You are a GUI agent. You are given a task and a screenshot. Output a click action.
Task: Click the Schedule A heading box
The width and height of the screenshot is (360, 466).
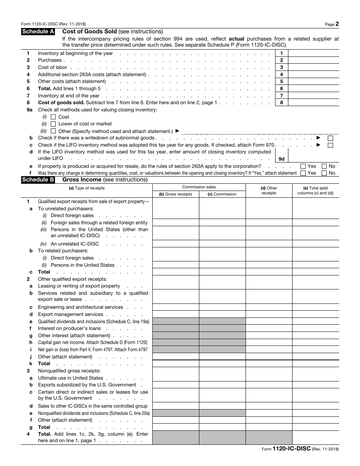pyautogui.click(x=38, y=32)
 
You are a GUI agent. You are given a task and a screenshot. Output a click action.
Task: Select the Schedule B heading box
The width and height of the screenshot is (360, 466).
pyautogui.click(x=38, y=180)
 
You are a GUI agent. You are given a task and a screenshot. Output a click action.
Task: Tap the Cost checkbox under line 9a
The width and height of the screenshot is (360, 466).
pyautogui.click(x=53, y=117)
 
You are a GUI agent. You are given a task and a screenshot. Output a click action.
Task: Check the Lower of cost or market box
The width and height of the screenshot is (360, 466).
pyautogui.click(x=53, y=124)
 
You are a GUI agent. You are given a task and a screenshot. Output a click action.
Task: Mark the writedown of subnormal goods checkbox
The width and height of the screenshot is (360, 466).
pyautogui.click(x=330, y=138)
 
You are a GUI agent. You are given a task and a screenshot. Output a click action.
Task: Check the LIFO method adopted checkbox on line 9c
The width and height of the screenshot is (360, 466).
pyautogui.click(x=330, y=145)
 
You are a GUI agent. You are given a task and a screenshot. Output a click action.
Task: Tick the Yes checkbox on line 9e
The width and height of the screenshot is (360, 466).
pyautogui.click(x=303, y=166)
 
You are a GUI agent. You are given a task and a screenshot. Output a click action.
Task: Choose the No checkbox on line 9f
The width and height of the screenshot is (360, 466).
pyautogui.click(x=324, y=173)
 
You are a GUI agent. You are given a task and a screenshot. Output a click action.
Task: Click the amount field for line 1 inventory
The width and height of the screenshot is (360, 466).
pyautogui.click(x=313, y=53)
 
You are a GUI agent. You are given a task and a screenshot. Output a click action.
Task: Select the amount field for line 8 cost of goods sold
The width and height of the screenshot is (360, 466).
pyautogui.click(x=313, y=103)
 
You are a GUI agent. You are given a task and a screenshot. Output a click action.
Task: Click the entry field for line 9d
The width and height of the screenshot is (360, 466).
pyautogui.click(x=313, y=156)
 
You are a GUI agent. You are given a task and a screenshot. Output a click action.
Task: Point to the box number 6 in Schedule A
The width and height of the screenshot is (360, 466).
pyautogui.click(x=282, y=89)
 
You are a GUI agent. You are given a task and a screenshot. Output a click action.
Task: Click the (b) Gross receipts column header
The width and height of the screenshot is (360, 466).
pyautogui.click(x=175, y=194)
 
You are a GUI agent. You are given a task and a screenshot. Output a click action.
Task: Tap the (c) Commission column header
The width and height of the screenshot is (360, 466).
pyautogui.click(x=222, y=194)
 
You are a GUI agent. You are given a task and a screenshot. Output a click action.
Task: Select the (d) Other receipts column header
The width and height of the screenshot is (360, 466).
pyautogui.click(x=269, y=191)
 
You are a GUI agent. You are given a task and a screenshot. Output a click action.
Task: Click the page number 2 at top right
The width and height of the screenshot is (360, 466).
pyautogui.click(x=337, y=24)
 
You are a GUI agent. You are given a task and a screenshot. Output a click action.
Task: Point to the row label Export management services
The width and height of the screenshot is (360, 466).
pyautogui.click(x=70, y=314)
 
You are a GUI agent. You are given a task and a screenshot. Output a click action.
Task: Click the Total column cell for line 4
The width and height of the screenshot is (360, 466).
pyautogui.click(x=315, y=437)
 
